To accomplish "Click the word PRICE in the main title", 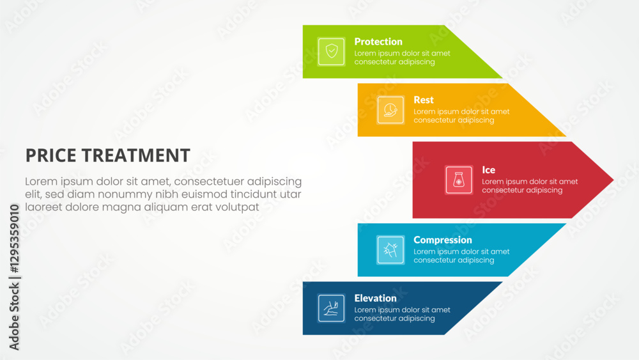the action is point(50,155).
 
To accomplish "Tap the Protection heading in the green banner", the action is point(378,42).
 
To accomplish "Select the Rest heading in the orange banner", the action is point(424,100).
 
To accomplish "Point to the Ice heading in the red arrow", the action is point(489,170).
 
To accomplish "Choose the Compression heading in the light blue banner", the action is point(443,240).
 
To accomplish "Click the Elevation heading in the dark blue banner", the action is point(375,298).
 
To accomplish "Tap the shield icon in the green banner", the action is point(331,51).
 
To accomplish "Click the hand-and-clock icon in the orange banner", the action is point(390,110).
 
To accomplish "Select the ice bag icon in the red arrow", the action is point(459,180).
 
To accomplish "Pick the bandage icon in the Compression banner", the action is point(390,250).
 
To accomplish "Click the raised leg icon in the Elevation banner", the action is point(331,308).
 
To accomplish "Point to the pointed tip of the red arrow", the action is point(613,180).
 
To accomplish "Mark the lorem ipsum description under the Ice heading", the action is point(530,186).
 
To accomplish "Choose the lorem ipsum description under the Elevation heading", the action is point(402,314).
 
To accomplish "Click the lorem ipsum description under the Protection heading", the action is point(402,58).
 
